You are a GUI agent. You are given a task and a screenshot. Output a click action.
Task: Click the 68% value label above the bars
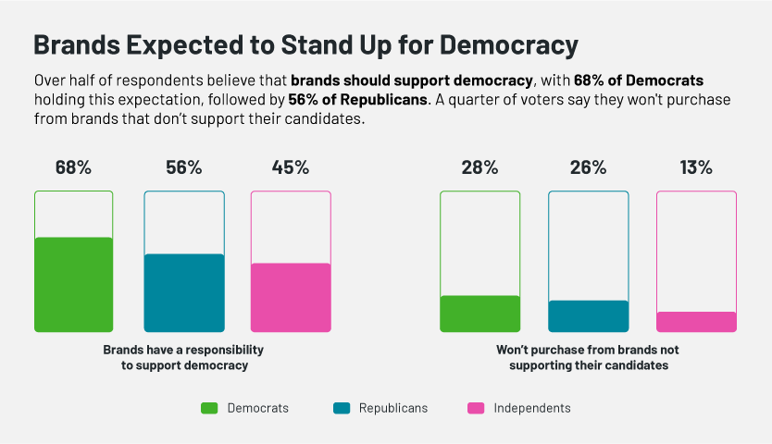pyautogui.click(x=73, y=167)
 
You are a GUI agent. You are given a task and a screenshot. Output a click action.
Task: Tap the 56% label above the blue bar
pyautogui.click(x=183, y=167)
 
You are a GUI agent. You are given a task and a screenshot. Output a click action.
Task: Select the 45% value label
pyautogui.click(x=291, y=167)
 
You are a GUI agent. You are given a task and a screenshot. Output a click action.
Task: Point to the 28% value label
pyautogui.click(x=479, y=167)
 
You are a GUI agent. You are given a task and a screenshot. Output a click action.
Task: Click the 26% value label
pyautogui.click(x=588, y=167)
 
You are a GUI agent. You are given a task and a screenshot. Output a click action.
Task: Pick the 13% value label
pyautogui.click(x=696, y=167)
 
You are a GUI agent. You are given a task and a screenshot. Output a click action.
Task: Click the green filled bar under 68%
pyautogui.click(x=73, y=284)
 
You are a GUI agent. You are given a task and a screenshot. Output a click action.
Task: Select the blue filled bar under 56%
pyautogui.click(x=183, y=292)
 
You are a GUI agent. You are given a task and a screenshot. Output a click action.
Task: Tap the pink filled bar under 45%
pyautogui.click(x=291, y=297)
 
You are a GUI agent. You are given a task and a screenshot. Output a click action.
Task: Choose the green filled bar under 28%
pyautogui.click(x=479, y=314)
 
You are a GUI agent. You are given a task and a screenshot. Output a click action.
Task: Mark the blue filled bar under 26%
pyautogui.click(x=588, y=315)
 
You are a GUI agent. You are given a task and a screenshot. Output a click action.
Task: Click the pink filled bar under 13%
pyautogui.click(x=696, y=321)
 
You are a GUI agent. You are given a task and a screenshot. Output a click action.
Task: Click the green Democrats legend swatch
pyautogui.click(x=209, y=408)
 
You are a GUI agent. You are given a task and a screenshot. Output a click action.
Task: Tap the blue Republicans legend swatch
pyautogui.click(x=341, y=408)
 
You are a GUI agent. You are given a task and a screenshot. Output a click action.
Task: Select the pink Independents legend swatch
pyautogui.click(x=475, y=408)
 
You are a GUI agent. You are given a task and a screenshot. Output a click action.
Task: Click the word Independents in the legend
pyautogui.click(x=532, y=408)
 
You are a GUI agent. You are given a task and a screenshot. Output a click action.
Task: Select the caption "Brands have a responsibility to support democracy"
pyautogui.click(x=183, y=358)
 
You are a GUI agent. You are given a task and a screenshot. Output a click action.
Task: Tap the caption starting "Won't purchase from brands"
pyautogui.click(x=588, y=358)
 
